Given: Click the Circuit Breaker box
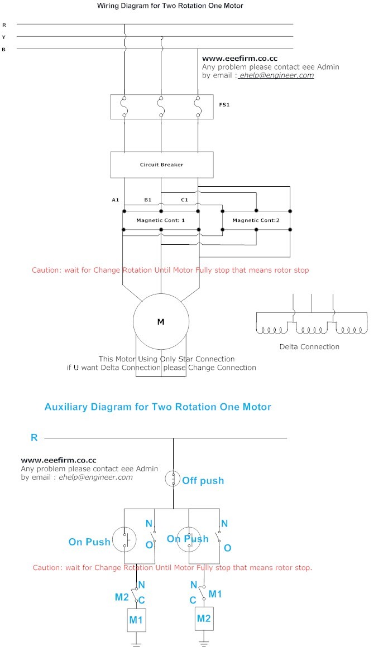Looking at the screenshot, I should pos(161,165).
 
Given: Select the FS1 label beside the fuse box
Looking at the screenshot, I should pos(223,104).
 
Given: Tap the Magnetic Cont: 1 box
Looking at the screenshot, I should pos(161,220).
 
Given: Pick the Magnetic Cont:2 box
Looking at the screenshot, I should pos(256,220).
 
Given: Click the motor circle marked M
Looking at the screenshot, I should pos(161,321).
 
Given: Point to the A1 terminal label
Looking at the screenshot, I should pos(116,199).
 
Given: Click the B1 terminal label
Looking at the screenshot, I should pos(148,199).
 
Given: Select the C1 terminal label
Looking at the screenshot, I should pos(184,199).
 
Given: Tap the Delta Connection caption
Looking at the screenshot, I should pos(309,346).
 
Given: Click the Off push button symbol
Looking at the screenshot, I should pos(173,479).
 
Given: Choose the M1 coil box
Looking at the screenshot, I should pos(137,620).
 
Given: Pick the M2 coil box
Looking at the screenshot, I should pos(204,618).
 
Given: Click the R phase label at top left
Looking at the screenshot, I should pos(4,25).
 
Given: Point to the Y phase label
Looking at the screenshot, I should pos(4,37).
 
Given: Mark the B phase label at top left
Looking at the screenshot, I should pos(4,50).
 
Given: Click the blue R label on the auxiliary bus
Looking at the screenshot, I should pos(34,438).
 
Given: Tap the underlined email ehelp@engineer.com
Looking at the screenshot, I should pos(276,75).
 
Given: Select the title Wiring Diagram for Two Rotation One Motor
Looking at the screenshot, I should pos(170,6).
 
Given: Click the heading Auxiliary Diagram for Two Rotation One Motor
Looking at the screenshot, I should pos(158,407).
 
